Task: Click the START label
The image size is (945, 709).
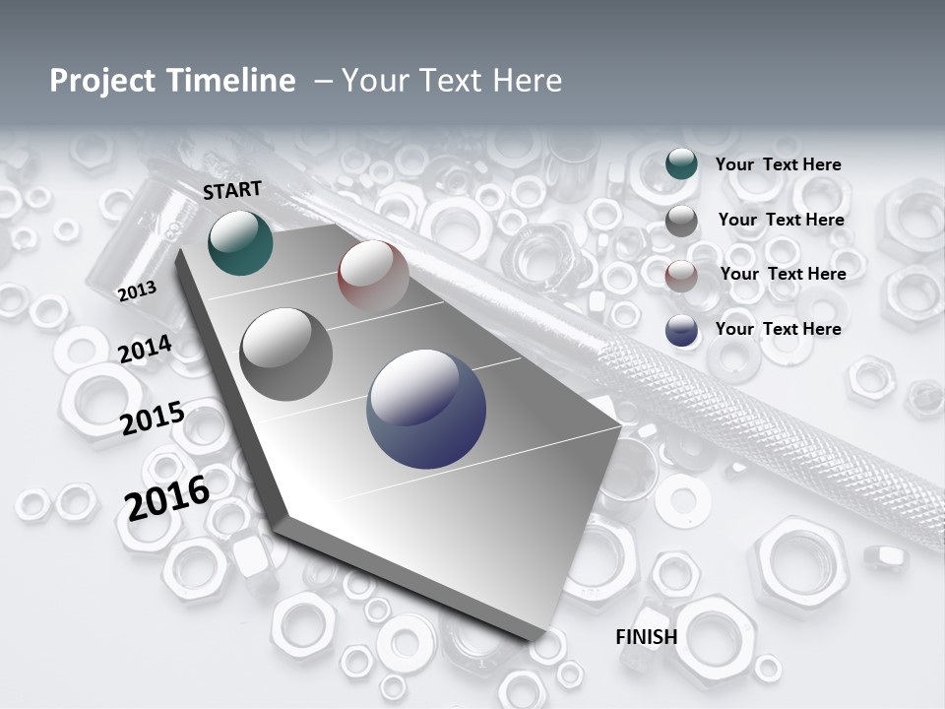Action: click(x=232, y=190)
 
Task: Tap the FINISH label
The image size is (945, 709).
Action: click(x=646, y=636)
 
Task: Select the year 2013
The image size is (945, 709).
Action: click(x=137, y=290)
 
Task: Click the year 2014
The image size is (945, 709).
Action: click(x=145, y=350)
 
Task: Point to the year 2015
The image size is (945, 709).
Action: click(x=153, y=419)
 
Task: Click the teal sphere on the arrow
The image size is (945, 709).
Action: click(x=240, y=243)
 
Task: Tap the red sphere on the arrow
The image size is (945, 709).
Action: click(x=373, y=274)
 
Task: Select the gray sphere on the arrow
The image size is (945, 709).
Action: click(x=286, y=354)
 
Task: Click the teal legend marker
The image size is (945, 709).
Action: click(x=681, y=164)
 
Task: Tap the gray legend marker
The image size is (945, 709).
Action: click(x=681, y=221)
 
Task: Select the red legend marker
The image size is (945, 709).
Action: click(x=681, y=275)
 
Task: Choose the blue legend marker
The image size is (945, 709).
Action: click(x=681, y=330)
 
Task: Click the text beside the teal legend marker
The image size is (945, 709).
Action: click(x=778, y=164)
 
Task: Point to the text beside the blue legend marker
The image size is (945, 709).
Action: click(x=778, y=329)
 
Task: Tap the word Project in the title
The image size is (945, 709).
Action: click(x=104, y=81)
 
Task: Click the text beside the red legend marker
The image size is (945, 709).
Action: click(x=783, y=274)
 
